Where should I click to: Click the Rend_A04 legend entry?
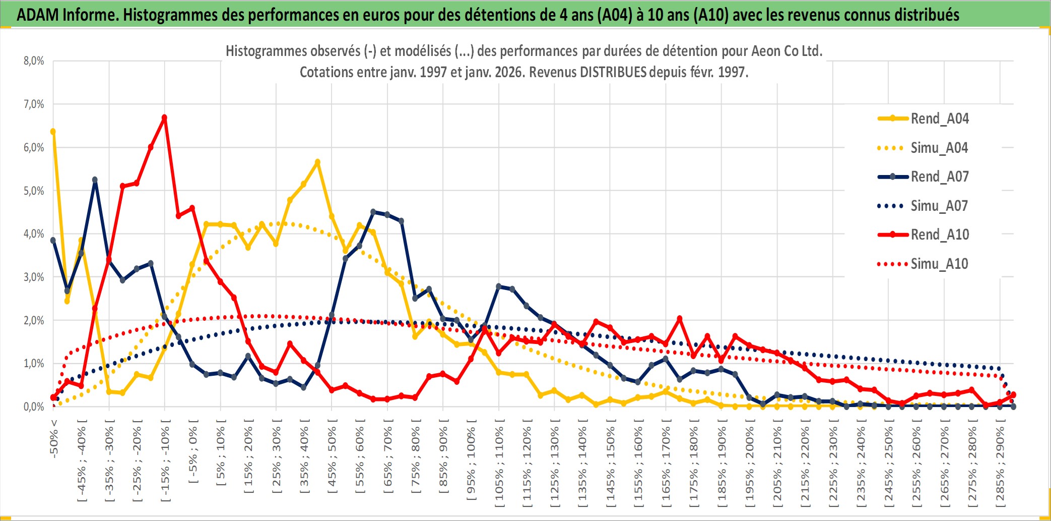coord(939,119)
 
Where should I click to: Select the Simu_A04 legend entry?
coord(939,148)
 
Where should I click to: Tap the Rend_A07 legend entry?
coord(939,177)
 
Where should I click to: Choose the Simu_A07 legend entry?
coord(939,206)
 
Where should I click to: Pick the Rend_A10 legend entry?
coord(939,235)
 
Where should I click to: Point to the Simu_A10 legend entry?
coord(939,264)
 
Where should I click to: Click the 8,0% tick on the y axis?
coord(34,61)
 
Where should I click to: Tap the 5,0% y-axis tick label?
coord(34,191)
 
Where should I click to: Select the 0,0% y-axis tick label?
coord(34,407)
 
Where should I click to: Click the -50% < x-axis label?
coord(54,438)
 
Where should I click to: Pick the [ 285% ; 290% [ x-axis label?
coord(1000,466)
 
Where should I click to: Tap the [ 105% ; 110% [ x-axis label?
coord(499,466)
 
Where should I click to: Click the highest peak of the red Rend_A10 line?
coord(164,118)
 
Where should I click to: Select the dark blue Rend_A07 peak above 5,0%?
coord(95,180)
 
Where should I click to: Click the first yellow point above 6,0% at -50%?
coord(53,132)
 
